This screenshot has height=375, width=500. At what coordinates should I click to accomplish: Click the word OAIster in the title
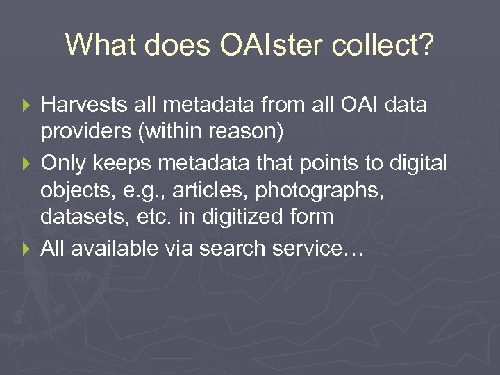(x=272, y=45)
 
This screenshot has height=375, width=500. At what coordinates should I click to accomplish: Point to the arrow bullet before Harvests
(x=28, y=106)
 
